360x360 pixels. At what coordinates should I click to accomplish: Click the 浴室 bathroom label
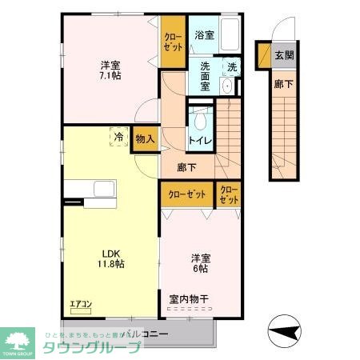[x=204, y=35]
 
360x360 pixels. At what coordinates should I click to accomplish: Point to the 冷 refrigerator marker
[x=118, y=138]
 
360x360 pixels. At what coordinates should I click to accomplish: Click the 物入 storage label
[x=145, y=139]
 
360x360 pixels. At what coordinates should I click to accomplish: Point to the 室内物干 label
[x=188, y=299]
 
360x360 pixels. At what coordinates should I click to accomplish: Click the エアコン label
[x=82, y=304]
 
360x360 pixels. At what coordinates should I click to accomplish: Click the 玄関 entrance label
[x=284, y=56]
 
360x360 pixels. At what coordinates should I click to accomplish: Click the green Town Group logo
[x=18, y=341]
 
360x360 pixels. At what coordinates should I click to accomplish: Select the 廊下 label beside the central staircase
[x=187, y=168]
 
